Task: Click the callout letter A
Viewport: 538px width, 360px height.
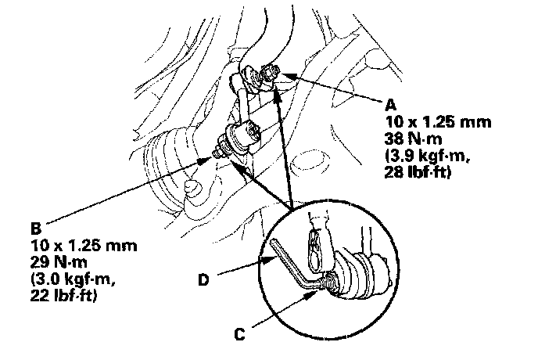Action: [390, 103]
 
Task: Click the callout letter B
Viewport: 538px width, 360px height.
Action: [34, 229]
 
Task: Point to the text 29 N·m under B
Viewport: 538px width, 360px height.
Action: [56, 262]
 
